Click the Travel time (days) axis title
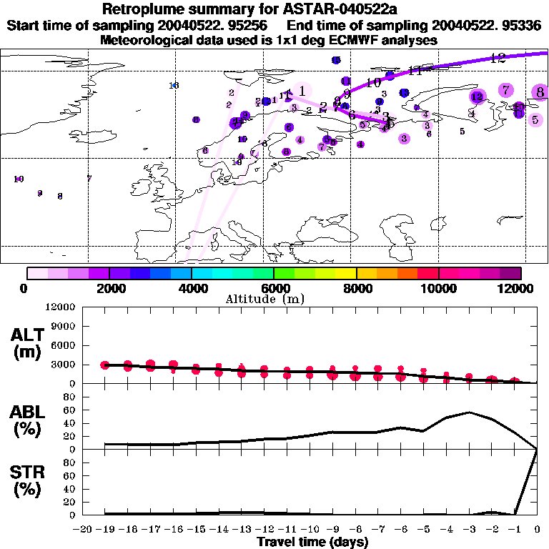click(x=312, y=542)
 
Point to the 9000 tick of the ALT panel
click(x=65, y=326)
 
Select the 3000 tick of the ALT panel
click(x=65, y=365)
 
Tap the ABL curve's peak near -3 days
click(x=469, y=412)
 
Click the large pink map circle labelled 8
click(x=540, y=91)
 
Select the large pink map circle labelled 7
click(x=506, y=90)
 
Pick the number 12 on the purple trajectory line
click(x=498, y=58)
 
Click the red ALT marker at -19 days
click(x=105, y=365)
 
